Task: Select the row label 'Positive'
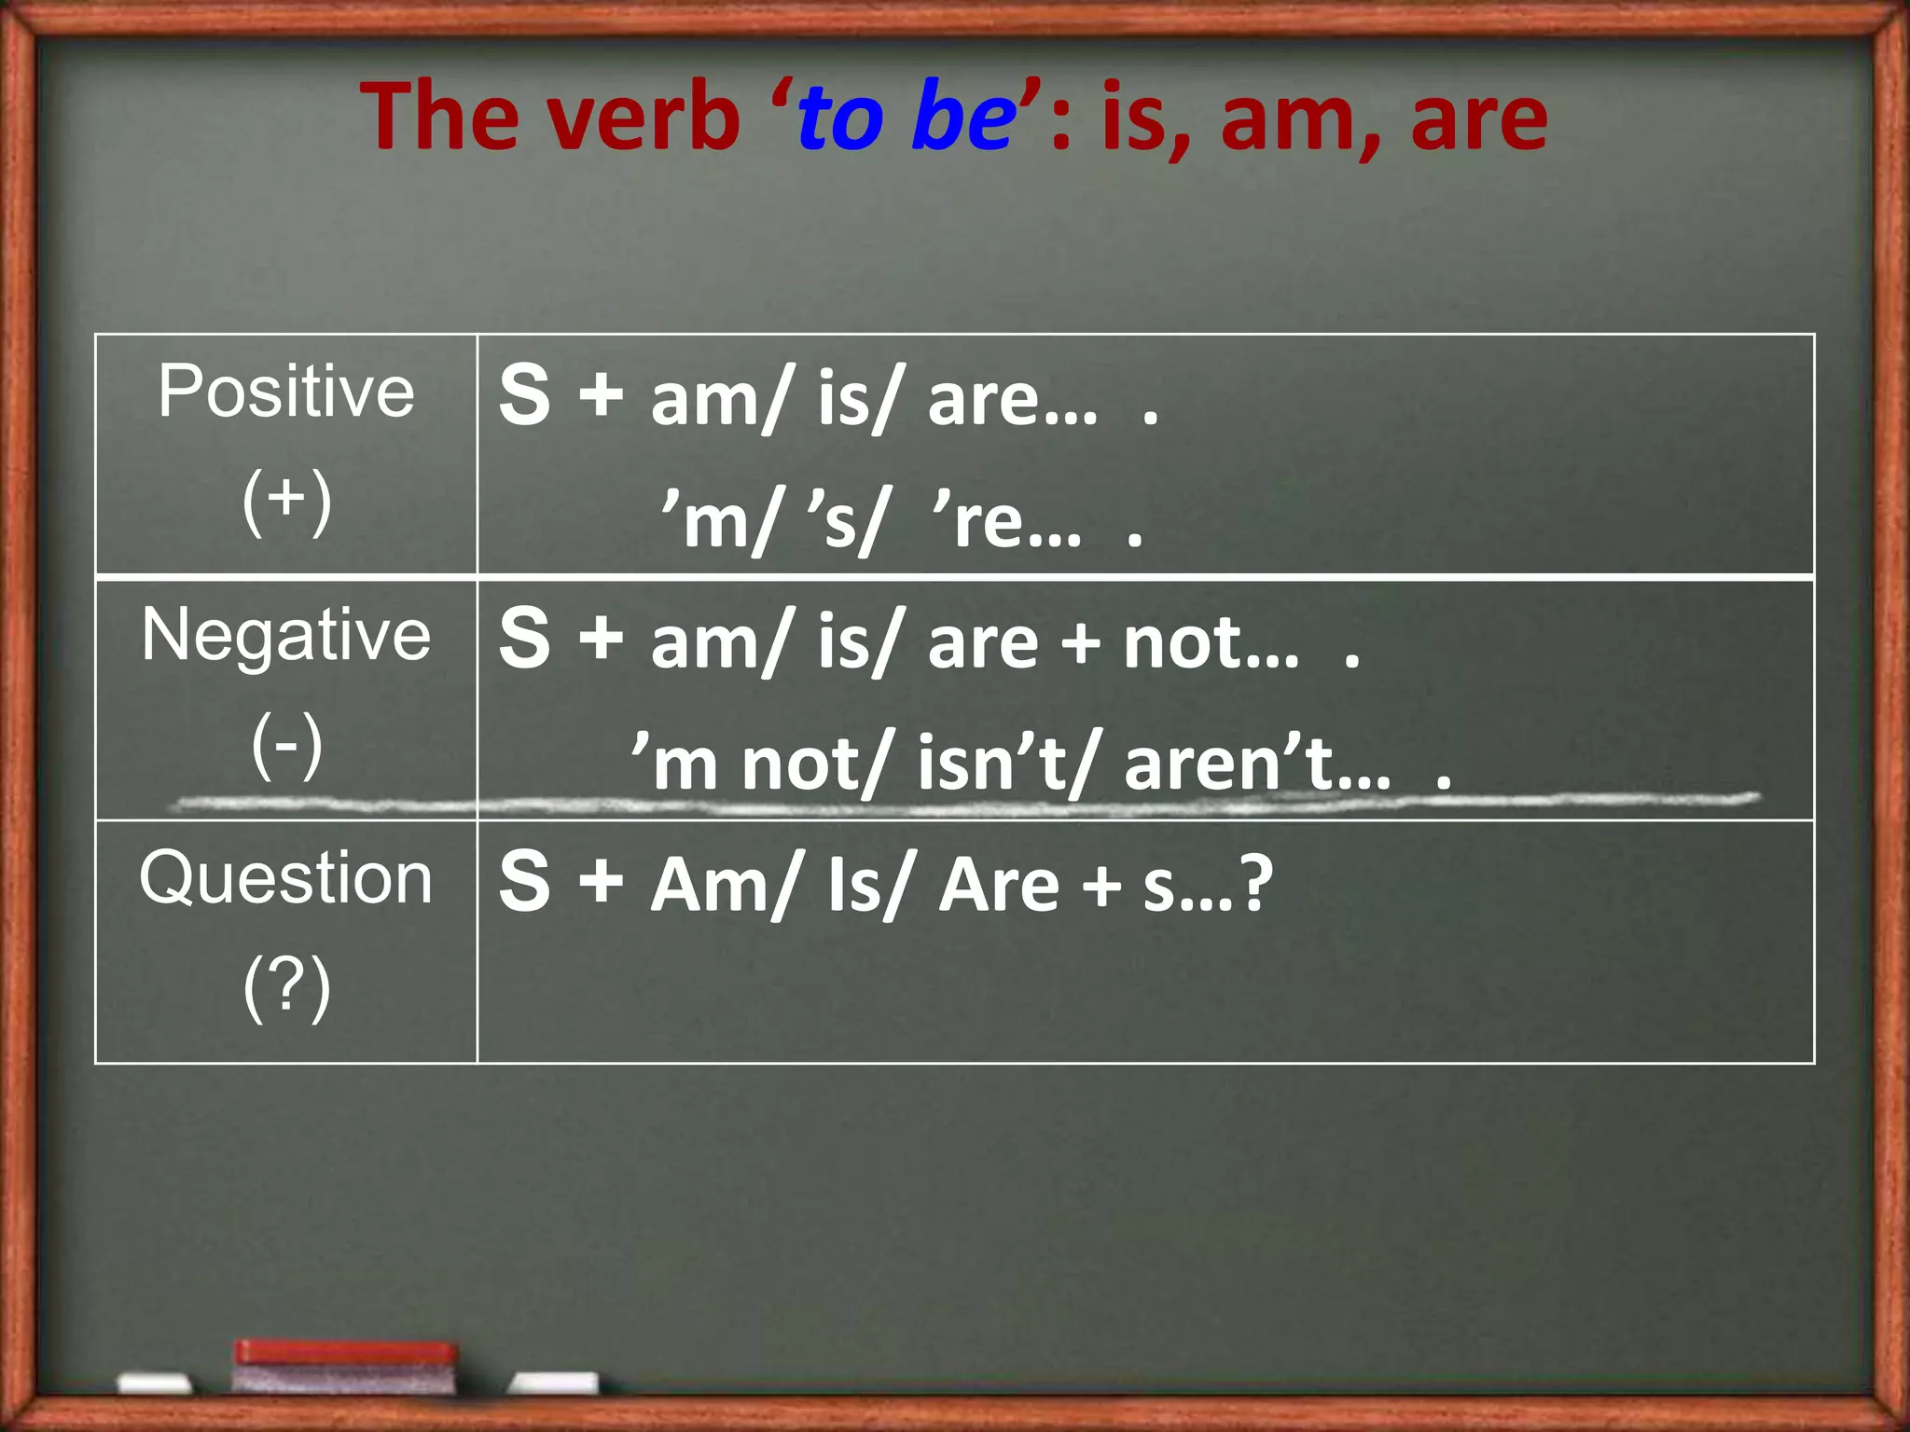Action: pos(285,392)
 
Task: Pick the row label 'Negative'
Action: pos(285,635)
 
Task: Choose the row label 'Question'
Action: pos(285,878)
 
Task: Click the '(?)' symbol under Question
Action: pos(286,988)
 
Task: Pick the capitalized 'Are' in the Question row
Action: pos(999,885)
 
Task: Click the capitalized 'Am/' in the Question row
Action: pos(723,885)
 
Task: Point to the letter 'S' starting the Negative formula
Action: pos(524,638)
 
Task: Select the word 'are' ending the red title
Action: pos(1479,118)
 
